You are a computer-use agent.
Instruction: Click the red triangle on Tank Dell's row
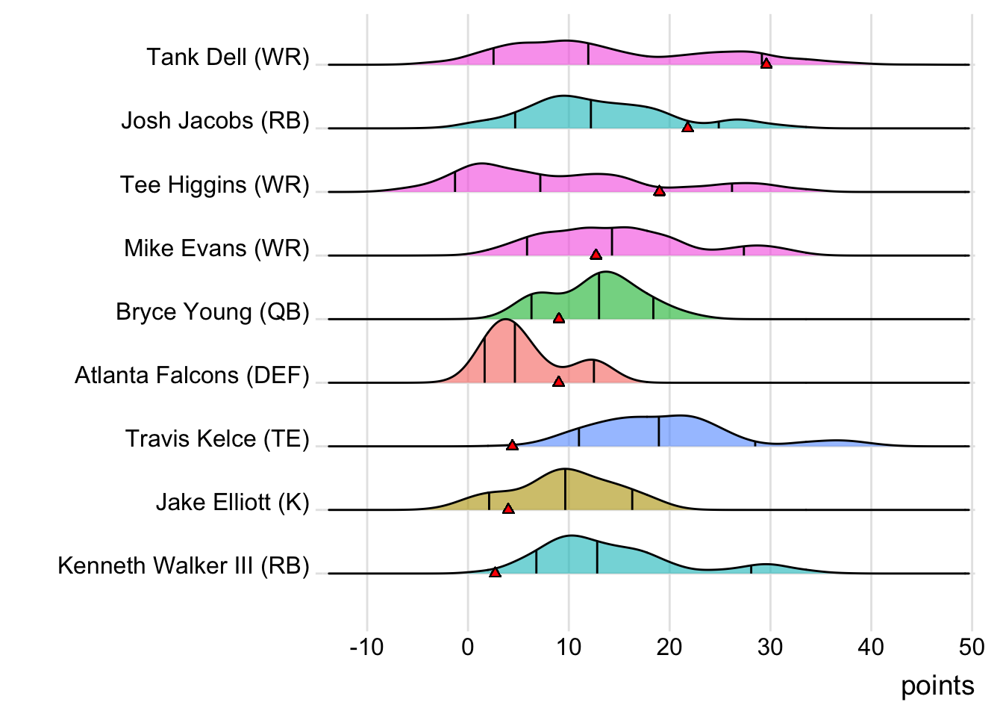[766, 63]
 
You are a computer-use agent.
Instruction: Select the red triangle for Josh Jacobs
[688, 128]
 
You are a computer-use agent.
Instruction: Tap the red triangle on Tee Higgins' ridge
[659, 191]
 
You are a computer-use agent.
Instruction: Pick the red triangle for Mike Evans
[596, 255]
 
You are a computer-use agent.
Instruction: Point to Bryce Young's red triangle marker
[559, 318]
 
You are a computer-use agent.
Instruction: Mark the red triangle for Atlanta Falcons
[558, 382]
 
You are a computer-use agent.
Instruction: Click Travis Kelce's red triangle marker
[512, 445]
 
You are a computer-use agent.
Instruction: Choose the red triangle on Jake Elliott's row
[508, 509]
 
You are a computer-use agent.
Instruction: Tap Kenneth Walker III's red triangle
[495, 572]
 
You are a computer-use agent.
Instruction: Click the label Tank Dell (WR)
[228, 58]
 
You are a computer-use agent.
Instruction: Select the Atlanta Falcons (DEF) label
[192, 375]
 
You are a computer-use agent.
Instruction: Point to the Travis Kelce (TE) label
[217, 438]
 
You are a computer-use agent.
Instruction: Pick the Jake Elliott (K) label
[232, 502]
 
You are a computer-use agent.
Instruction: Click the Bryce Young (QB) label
[213, 311]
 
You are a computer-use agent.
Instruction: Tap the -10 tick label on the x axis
[366, 647]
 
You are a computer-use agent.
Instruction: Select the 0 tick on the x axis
[468, 647]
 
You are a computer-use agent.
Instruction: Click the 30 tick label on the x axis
[770, 647]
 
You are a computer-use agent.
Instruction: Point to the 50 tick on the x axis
[972, 647]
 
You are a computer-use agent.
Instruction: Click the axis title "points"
[937, 686]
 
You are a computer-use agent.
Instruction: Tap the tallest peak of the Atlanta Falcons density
[506, 320]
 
